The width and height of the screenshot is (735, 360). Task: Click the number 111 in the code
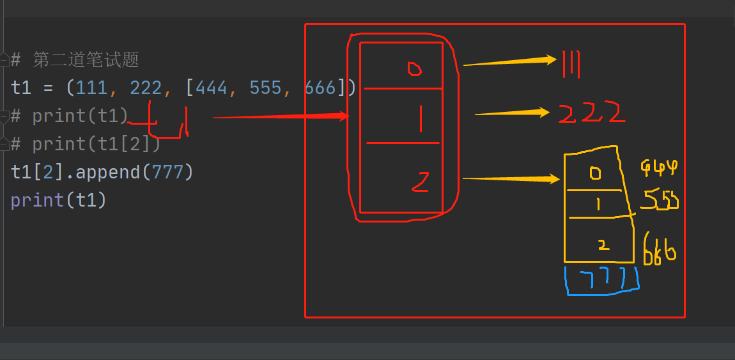point(92,88)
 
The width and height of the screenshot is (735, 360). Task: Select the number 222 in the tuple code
point(146,88)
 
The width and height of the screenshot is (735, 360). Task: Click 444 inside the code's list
point(212,88)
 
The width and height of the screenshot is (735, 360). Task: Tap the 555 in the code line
point(265,88)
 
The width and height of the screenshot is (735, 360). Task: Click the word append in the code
point(107,172)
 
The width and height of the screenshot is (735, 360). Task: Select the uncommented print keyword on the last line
point(37,200)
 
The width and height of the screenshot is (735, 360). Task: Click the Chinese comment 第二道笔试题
point(86,60)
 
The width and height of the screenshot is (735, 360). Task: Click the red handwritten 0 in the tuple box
point(414,68)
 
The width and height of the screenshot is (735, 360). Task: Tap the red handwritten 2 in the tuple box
point(420,183)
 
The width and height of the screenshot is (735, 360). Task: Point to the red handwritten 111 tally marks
point(570,65)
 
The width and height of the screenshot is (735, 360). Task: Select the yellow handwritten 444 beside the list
point(658,168)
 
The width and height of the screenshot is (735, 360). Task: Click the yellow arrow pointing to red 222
point(511,113)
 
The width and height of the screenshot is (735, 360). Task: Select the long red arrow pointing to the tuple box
point(281,117)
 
